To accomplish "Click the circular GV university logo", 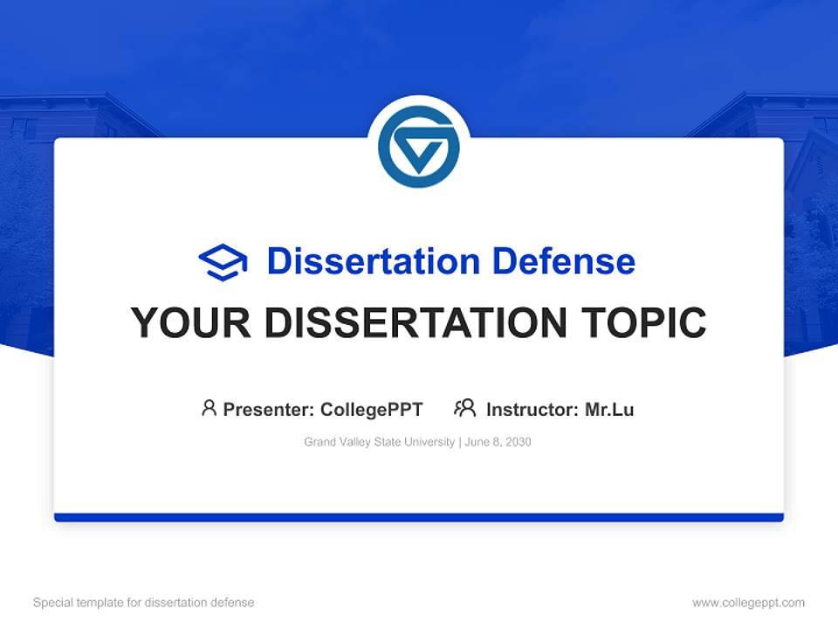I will [x=419, y=147].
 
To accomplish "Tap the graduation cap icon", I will [x=223, y=262].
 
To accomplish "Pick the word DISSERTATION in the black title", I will [x=419, y=323].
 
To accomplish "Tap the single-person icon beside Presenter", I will [x=209, y=408].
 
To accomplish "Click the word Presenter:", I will [x=269, y=409].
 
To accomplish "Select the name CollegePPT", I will [x=372, y=409].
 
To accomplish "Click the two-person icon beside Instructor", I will [x=465, y=408].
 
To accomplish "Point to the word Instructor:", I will [x=532, y=409].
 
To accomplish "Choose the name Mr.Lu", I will [x=609, y=409].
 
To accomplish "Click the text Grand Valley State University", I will [x=380, y=442].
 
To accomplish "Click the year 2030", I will [x=519, y=442].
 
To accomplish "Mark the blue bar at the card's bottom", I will [x=419, y=517].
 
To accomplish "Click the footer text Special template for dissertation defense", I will [x=144, y=603].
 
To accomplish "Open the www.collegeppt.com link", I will [x=748, y=603].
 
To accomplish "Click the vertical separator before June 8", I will [x=460, y=442].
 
